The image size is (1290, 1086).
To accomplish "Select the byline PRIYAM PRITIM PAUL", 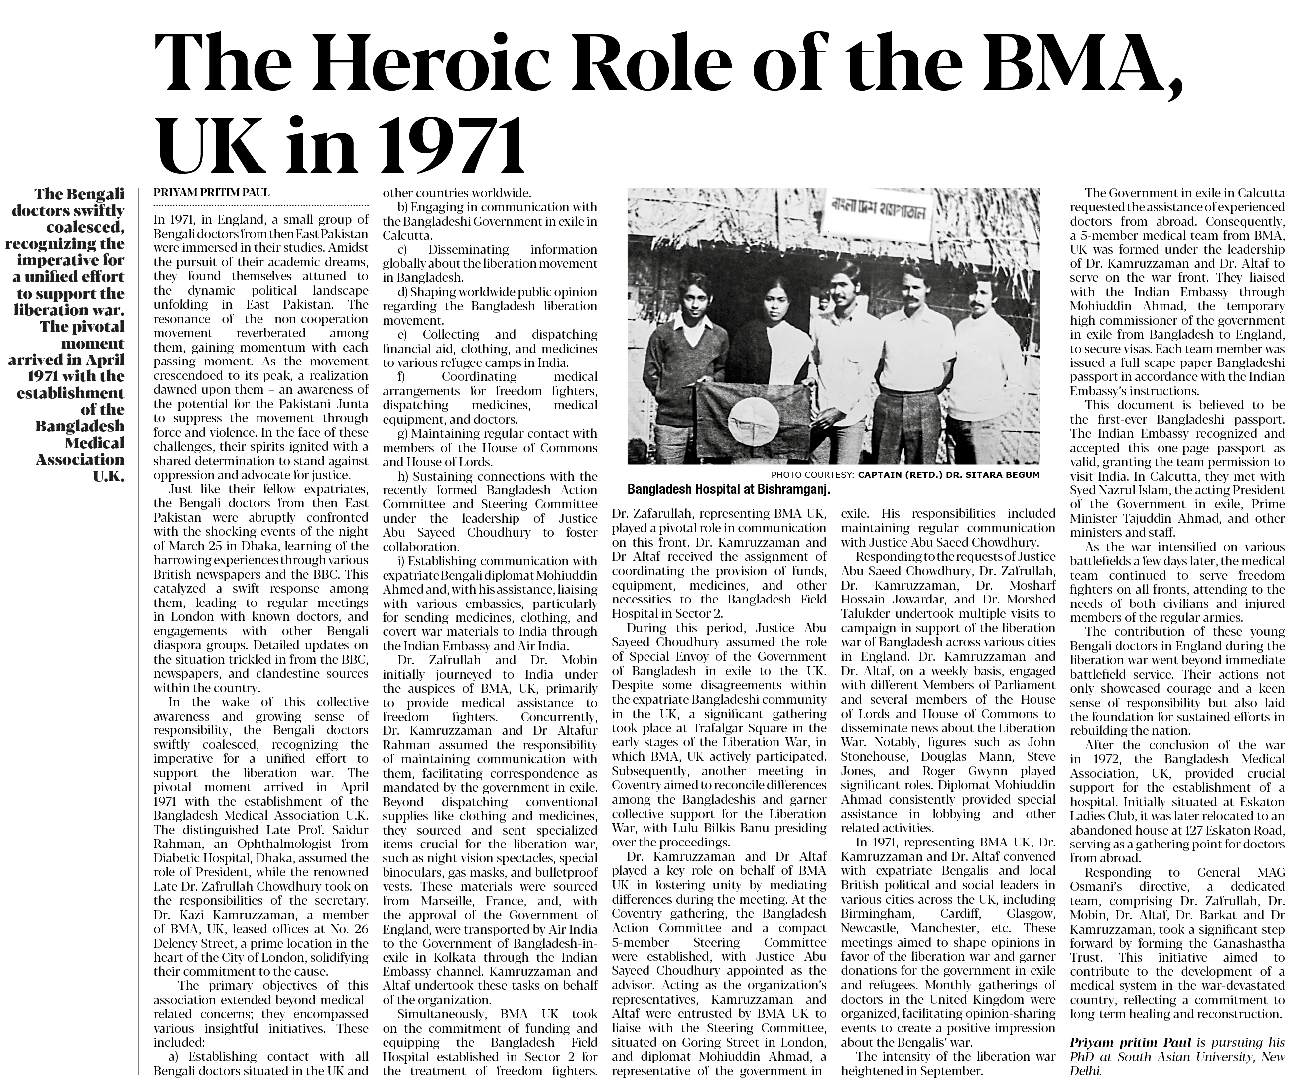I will [x=211, y=193].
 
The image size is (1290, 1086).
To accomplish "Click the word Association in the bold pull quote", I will [x=80, y=459].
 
